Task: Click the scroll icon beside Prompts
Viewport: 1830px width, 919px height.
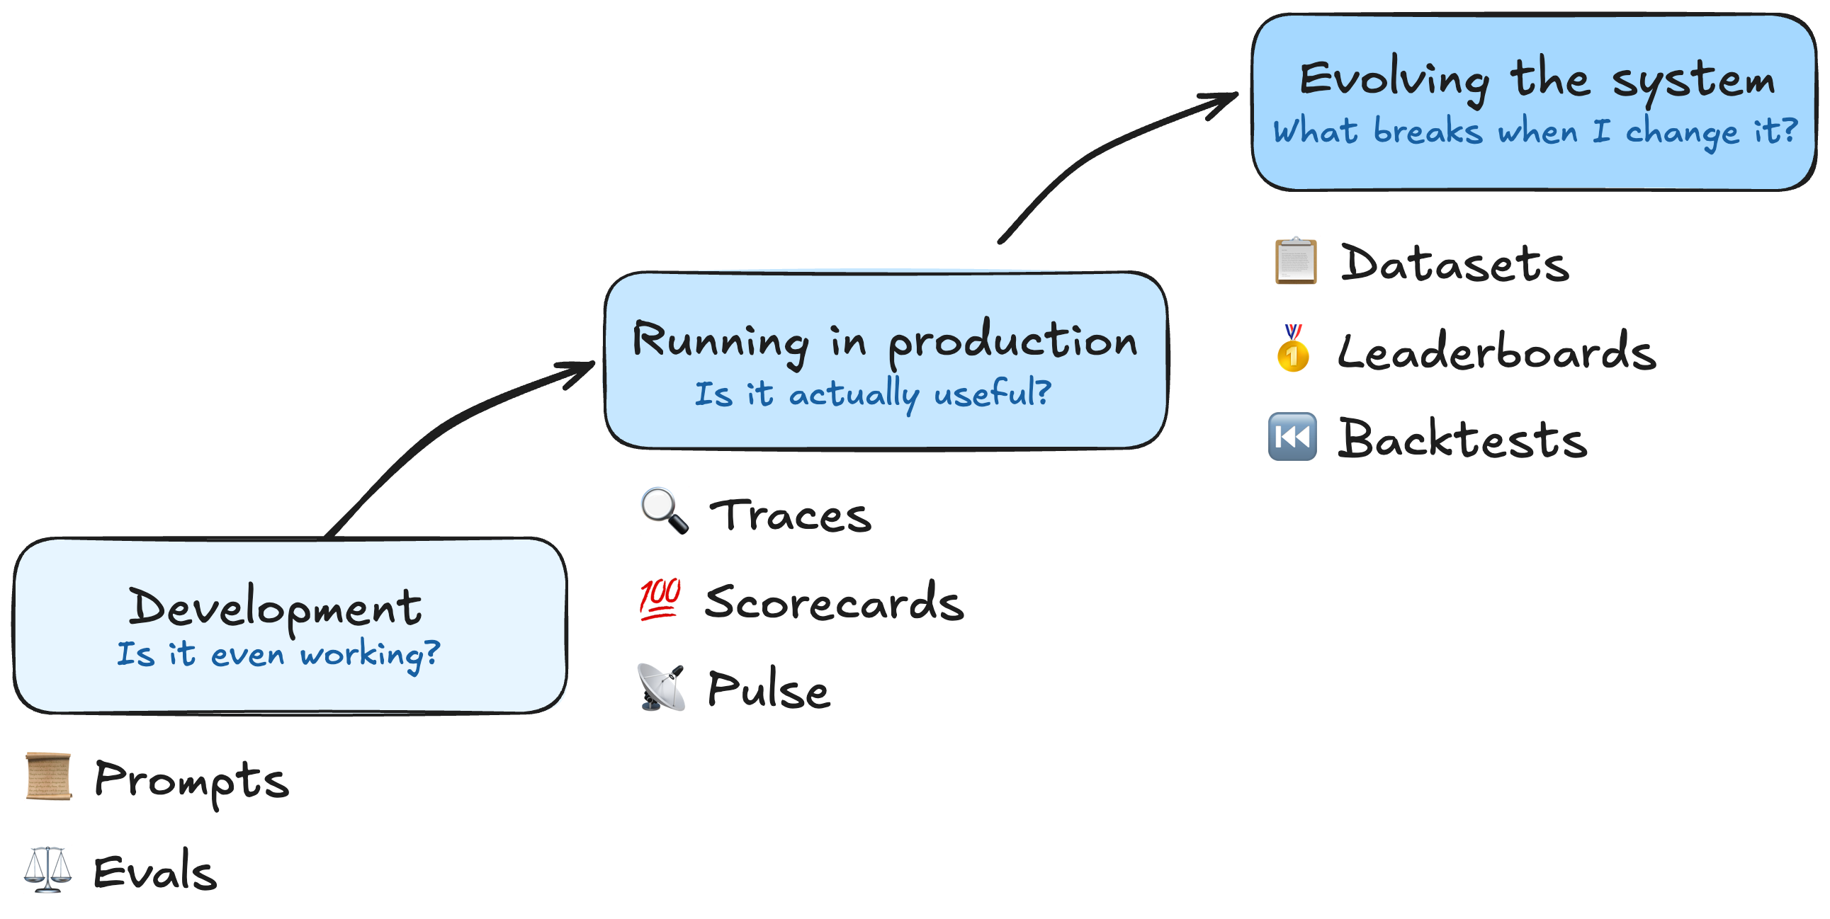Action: [x=48, y=776]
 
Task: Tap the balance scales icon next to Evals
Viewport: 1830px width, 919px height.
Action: [x=47, y=869]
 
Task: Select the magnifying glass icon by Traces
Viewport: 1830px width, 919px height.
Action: [x=664, y=510]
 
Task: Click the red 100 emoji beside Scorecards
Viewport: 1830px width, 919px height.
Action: [x=660, y=599]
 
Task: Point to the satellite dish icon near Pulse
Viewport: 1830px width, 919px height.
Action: [x=662, y=687]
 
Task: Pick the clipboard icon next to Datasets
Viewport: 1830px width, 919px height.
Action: [x=1295, y=261]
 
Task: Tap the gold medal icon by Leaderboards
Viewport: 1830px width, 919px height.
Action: [x=1293, y=348]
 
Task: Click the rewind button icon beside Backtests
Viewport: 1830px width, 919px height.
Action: [x=1292, y=436]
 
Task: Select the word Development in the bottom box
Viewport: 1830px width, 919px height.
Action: [x=275, y=608]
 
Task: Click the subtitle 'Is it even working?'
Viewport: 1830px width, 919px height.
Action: [x=278, y=653]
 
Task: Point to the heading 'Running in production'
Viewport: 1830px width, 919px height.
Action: [x=884, y=341]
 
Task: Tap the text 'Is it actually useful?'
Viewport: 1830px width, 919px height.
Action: [x=872, y=393]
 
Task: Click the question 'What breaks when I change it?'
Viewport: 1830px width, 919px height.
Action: [x=1535, y=132]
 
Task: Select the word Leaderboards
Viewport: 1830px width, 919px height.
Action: [x=1496, y=351]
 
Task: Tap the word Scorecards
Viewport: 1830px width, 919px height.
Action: [x=834, y=602]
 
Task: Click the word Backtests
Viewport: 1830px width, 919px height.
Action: [x=1462, y=438]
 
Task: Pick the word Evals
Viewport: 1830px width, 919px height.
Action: [x=155, y=872]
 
